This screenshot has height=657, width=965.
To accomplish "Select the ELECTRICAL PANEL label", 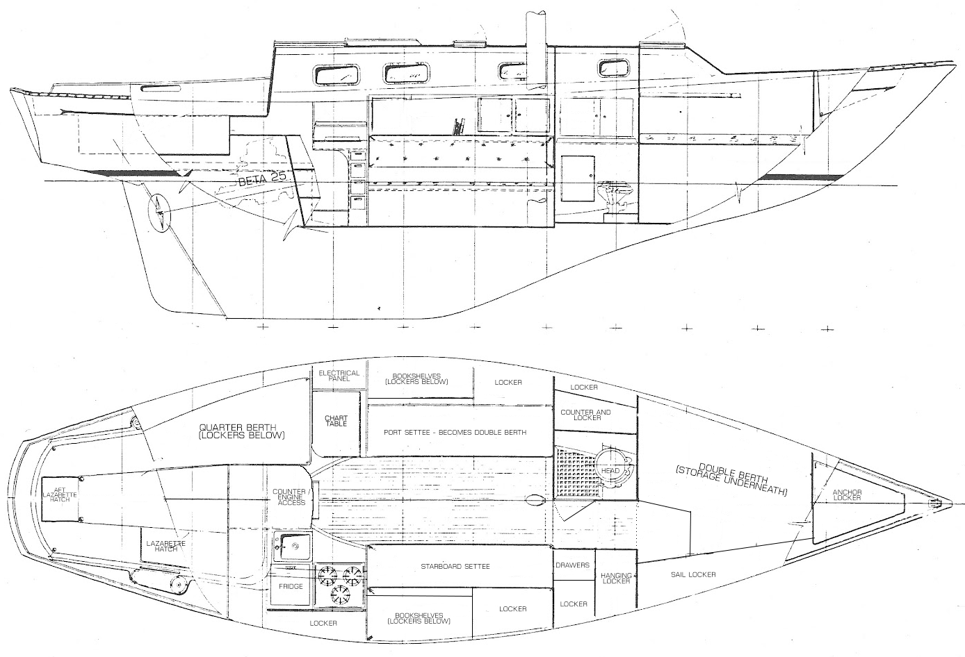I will pos(339,376).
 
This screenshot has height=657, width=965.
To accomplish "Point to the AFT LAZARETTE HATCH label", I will pos(61,499).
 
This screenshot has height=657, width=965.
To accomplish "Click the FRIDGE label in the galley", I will pos(291,587).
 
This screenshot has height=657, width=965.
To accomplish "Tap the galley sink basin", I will pos(292,545).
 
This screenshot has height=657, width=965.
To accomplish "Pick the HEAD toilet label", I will pos(610,472).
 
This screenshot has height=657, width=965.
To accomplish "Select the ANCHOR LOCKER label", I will pos(847,495).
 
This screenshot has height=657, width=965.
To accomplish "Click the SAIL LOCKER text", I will pos(693,575).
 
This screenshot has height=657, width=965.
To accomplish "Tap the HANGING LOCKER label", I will pos(617,578).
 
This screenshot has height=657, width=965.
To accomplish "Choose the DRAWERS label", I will pos(573,565).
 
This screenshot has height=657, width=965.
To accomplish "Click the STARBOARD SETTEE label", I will pos(455,566).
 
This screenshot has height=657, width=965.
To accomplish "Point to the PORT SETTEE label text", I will pos(455,432).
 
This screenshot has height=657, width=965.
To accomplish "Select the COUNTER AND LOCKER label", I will pos(585,415).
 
